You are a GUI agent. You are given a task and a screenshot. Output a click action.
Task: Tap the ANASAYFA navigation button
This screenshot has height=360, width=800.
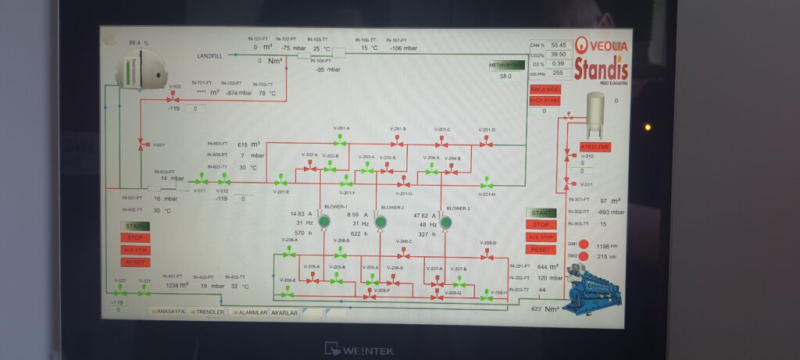(x=167, y=312)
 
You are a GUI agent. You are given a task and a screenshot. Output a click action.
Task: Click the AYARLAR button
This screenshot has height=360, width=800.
(x=284, y=312)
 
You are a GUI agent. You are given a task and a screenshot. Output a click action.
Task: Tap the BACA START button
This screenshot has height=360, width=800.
(x=545, y=100)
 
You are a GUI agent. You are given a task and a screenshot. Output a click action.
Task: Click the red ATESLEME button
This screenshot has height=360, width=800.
(x=595, y=147)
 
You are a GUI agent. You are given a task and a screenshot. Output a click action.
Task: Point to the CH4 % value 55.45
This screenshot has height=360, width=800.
(x=558, y=45)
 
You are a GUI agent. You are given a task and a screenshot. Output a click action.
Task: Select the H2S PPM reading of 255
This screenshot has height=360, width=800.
(x=558, y=73)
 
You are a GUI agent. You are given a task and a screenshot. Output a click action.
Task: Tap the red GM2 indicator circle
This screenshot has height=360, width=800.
(x=583, y=256)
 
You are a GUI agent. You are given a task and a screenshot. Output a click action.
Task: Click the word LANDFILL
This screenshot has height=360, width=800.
(x=211, y=56)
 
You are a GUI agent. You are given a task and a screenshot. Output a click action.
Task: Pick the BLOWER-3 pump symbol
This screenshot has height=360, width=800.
(x=446, y=223)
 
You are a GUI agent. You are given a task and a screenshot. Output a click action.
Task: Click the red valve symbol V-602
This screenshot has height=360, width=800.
(x=172, y=97)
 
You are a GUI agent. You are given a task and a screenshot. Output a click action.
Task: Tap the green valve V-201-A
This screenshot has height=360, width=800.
(x=341, y=142)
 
